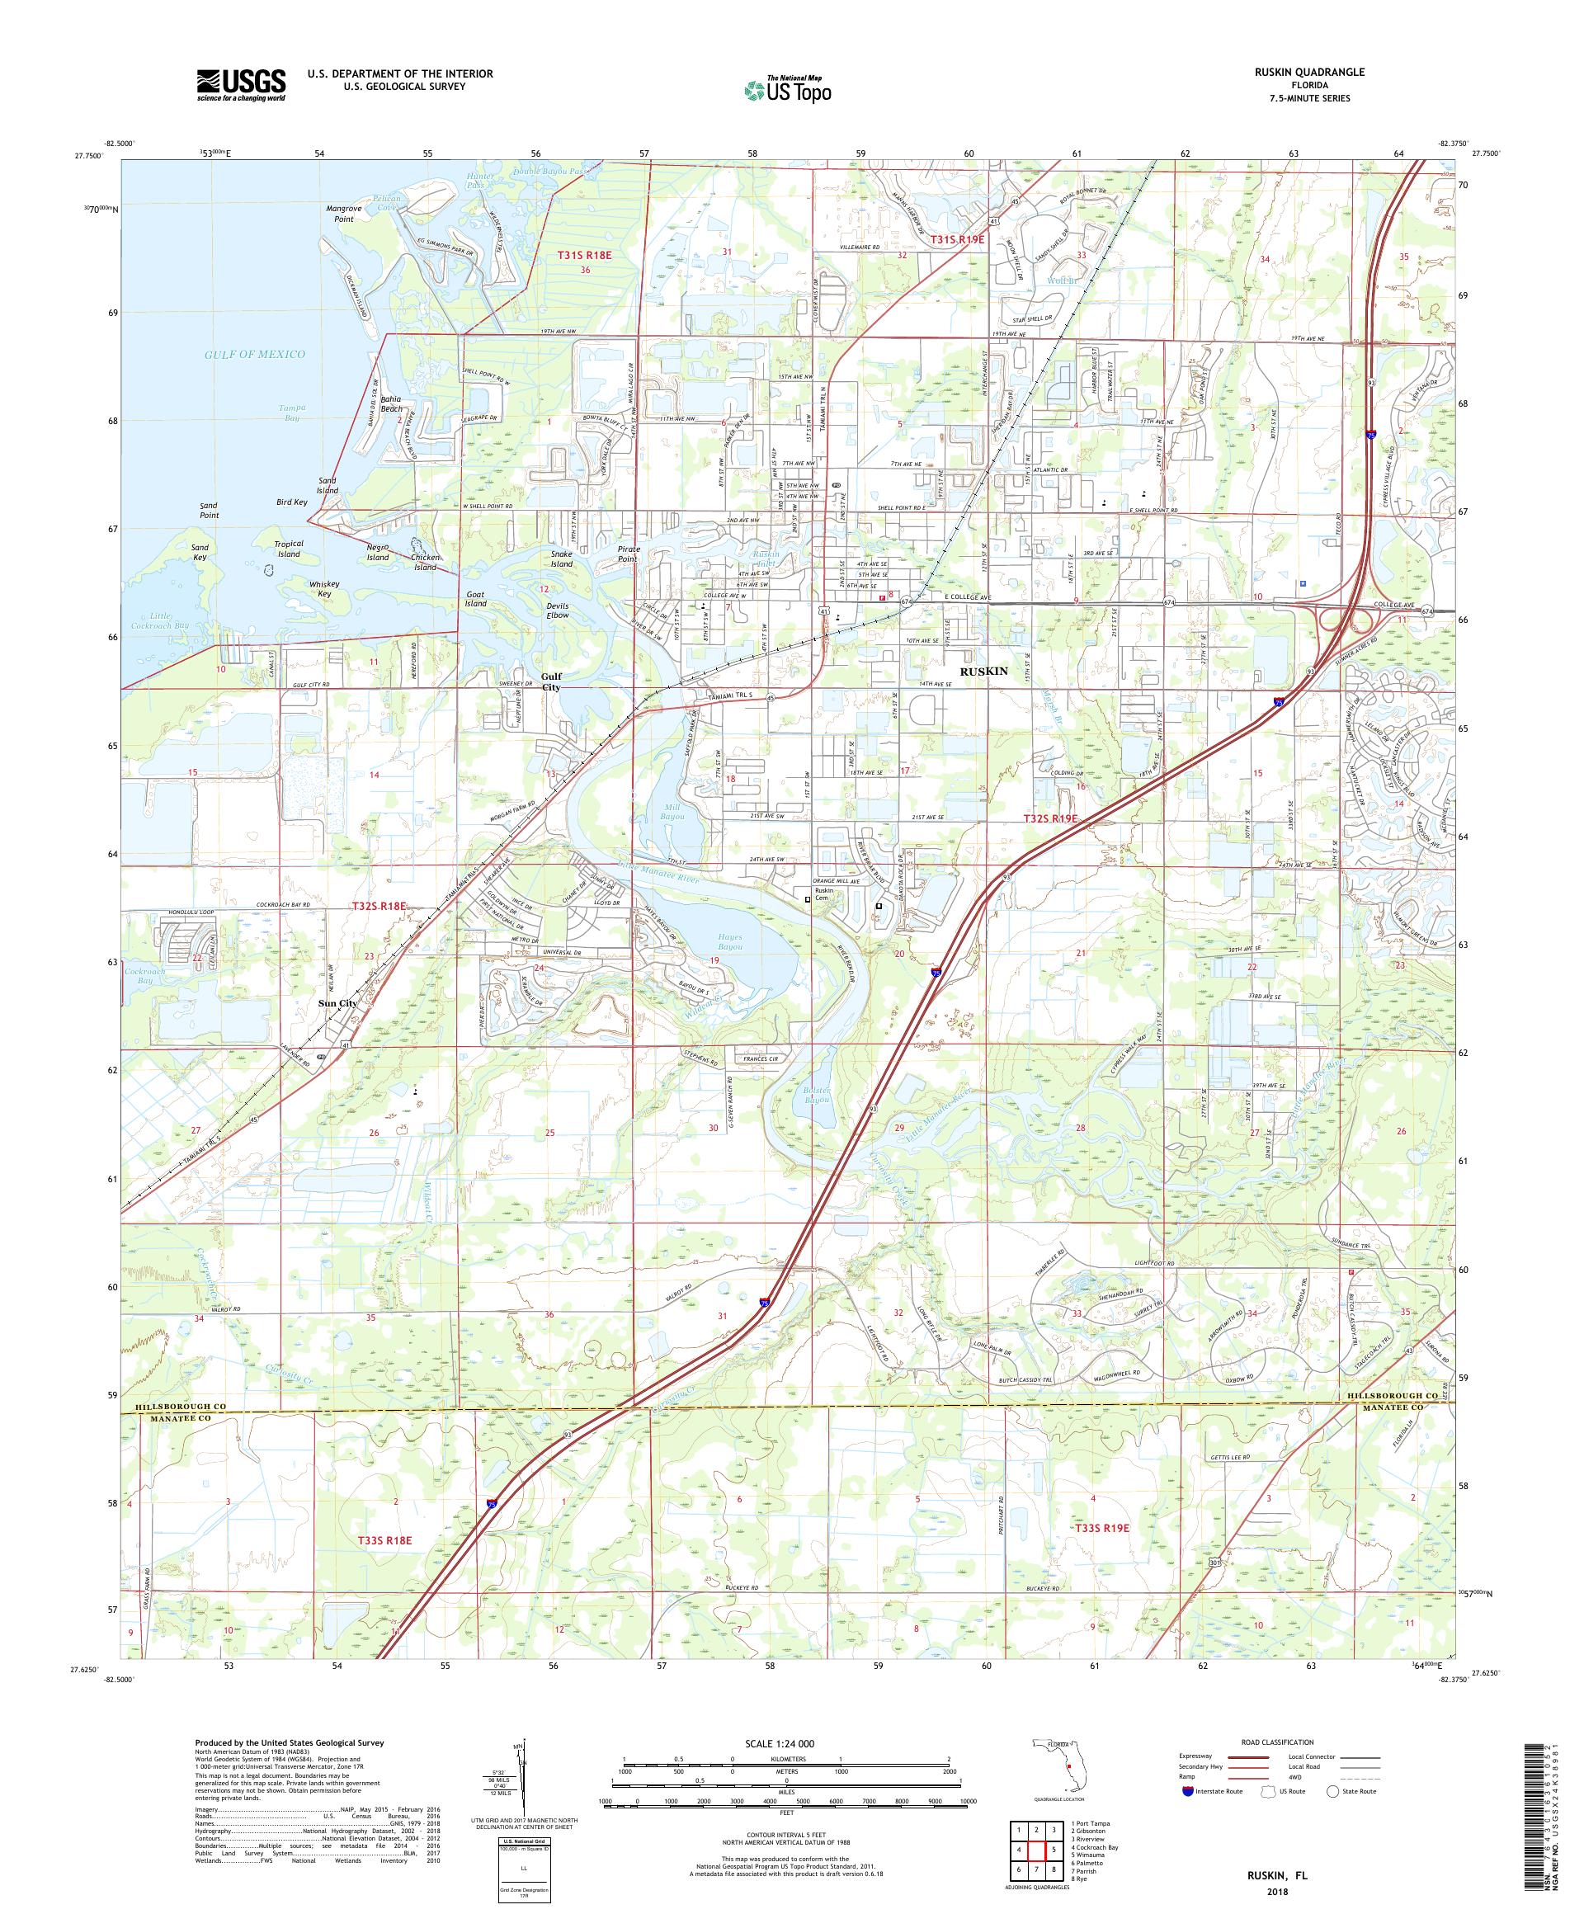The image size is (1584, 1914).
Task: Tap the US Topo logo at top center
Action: tap(789, 89)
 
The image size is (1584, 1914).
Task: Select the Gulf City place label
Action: tap(550, 682)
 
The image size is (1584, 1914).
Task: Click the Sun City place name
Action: tap(337, 1002)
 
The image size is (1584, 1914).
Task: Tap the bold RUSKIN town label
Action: tap(983, 671)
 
